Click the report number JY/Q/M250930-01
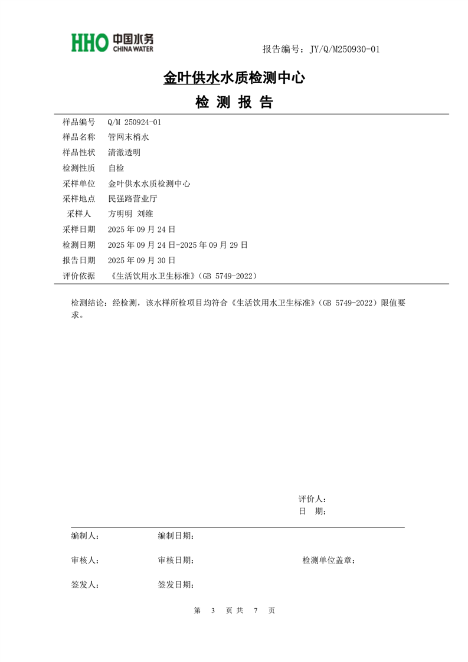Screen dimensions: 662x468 [x=340, y=49]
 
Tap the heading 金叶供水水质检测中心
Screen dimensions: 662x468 [x=234, y=77]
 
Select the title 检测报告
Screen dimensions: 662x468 [x=234, y=103]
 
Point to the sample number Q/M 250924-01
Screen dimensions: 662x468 [x=135, y=122]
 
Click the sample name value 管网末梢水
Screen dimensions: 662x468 [x=129, y=137]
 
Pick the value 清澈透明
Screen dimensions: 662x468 [x=125, y=152]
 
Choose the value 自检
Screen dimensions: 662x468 [x=116, y=168]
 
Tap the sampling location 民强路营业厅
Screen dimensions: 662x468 [x=133, y=199]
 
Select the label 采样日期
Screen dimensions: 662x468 [x=78, y=229]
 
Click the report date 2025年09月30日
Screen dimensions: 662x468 [x=142, y=260]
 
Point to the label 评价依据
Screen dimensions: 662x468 [x=78, y=276]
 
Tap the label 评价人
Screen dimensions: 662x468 [x=312, y=499]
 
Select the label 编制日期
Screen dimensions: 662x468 [x=175, y=536]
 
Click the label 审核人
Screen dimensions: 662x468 [x=84, y=561]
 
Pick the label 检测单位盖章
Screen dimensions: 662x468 [x=328, y=561]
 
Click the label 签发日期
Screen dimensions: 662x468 [x=175, y=585]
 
